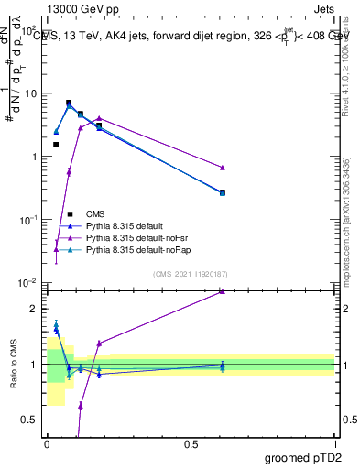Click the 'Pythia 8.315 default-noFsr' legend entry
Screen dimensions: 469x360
tap(136, 237)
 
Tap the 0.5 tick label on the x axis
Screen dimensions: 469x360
tap(191, 443)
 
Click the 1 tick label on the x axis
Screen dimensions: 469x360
tap(335, 443)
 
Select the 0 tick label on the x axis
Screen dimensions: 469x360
tap(47, 443)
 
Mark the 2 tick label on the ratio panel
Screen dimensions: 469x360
tap(35, 309)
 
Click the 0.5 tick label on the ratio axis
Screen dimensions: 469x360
tap(30, 420)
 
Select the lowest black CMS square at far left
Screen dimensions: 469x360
tap(56, 145)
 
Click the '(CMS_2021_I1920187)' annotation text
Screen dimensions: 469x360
tap(191, 273)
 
